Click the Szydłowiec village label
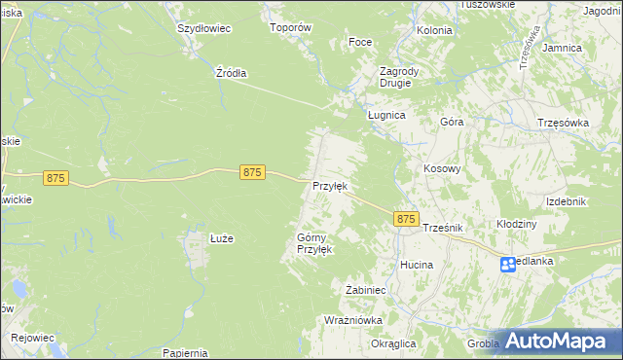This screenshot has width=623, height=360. pos(203,28)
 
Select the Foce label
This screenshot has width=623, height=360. pos(360,43)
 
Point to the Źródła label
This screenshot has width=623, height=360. pos(231,73)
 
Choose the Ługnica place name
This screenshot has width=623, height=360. pos(385,114)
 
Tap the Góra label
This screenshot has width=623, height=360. pos(452,123)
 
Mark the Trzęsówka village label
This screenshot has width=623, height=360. pos(565,123)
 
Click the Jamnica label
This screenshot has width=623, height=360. pos(562,48)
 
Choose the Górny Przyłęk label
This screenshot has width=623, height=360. pos(314,243)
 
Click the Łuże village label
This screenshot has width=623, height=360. pos(197,237)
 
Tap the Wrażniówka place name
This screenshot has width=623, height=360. pos(353,319)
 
